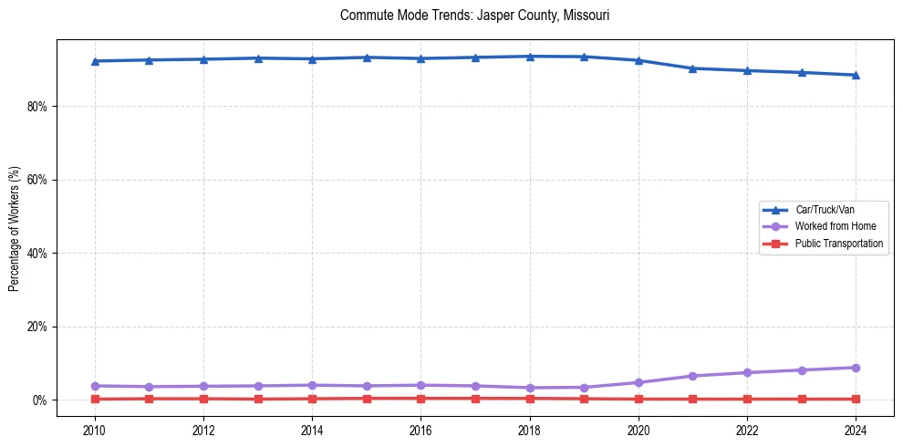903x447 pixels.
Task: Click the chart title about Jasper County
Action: pos(474,16)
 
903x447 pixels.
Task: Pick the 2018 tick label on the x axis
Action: pos(530,430)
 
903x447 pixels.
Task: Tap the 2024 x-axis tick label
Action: pos(856,430)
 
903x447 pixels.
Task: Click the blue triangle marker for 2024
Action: pos(856,75)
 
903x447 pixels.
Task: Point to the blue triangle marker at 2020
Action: pos(638,60)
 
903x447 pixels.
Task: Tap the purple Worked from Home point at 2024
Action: pos(856,368)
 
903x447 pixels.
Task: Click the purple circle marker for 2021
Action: pos(692,376)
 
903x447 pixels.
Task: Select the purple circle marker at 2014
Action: pos(312,385)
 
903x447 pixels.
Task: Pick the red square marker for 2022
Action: pos(747,399)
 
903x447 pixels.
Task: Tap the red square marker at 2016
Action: pos(420,398)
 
